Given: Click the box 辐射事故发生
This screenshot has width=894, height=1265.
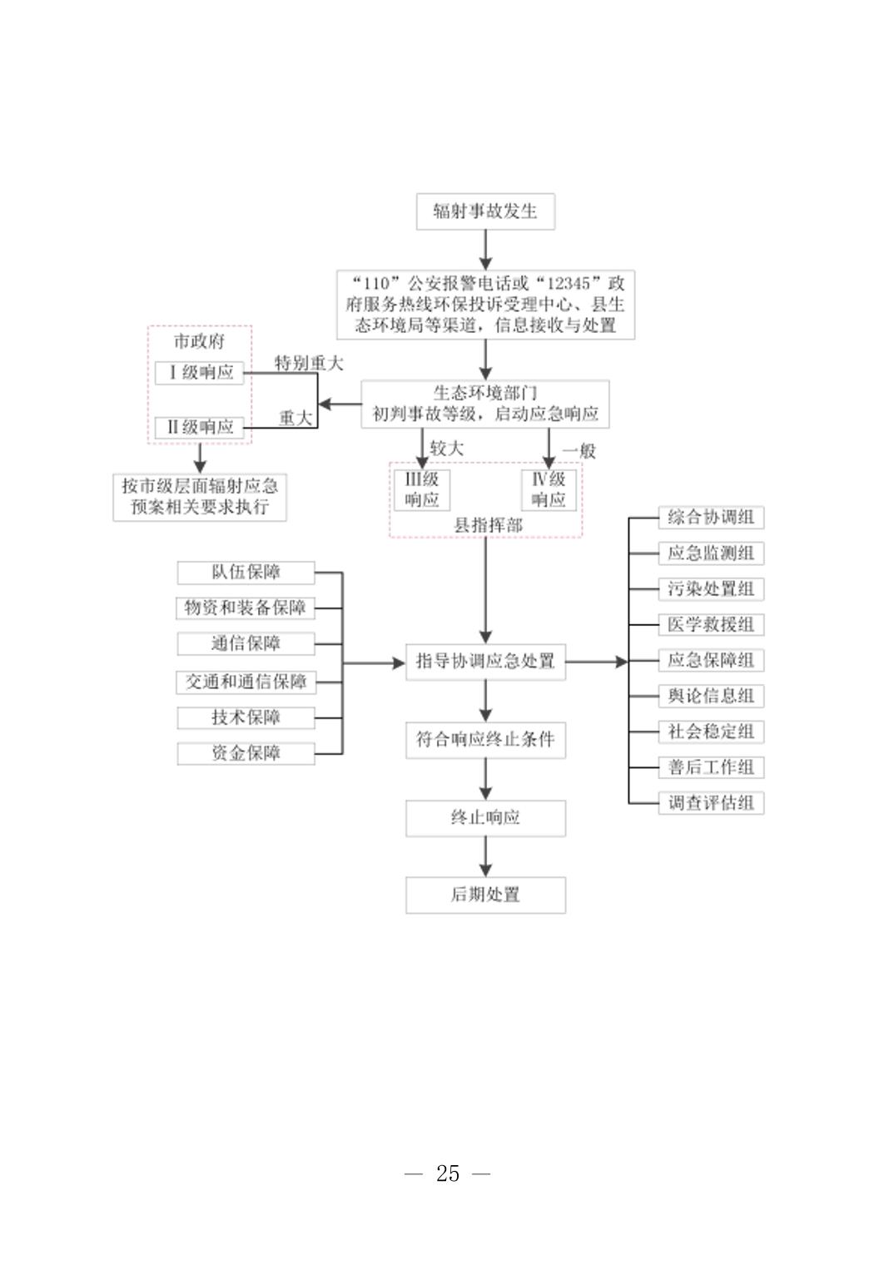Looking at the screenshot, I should pyautogui.click(x=485, y=211).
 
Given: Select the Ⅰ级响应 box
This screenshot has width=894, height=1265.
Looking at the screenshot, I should pyautogui.click(x=200, y=372).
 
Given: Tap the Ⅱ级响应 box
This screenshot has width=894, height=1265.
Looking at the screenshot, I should pyautogui.click(x=200, y=427).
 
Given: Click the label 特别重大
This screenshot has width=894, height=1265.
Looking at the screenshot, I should pyautogui.click(x=308, y=363).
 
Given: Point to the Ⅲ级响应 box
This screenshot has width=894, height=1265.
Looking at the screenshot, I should pyautogui.click(x=422, y=489).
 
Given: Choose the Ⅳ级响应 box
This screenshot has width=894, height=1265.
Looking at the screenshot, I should pyautogui.click(x=549, y=489).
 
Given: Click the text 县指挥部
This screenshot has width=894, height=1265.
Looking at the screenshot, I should pyautogui.click(x=488, y=525).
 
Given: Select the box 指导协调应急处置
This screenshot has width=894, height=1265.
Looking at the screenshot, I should pyautogui.click(x=485, y=662).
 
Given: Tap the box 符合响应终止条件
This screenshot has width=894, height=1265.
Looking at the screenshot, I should pyautogui.click(x=485, y=739).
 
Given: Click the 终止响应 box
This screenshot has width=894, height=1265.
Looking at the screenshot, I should pyautogui.click(x=485, y=817).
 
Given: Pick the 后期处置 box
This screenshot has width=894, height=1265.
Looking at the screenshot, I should pyautogui.click(x=485, y=895).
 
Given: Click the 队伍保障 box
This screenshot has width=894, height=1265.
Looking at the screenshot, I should pyautogui.click(x=246, y=573).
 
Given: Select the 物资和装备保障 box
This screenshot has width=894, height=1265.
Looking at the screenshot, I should pyautogui.click(x=246, y=608).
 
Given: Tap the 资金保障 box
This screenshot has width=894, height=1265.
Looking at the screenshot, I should pyautogui.click(x=246, y=753).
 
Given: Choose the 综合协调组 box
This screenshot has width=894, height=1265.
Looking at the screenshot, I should pyautogui.click(x=711, y=518).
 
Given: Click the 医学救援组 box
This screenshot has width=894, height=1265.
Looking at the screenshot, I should pyautogui.click(x=711, y=624).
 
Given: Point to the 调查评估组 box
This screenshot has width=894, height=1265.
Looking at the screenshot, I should pyautogui.click(x=711, y=803).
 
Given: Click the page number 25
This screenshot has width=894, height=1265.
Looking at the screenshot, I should pyautogui.click(x=448, y=1173).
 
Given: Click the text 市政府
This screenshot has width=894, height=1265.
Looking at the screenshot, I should pyautogui.click(x=199, y=341).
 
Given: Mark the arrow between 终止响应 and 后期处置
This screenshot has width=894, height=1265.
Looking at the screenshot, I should pyautogui.click(x=485, y=856).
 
